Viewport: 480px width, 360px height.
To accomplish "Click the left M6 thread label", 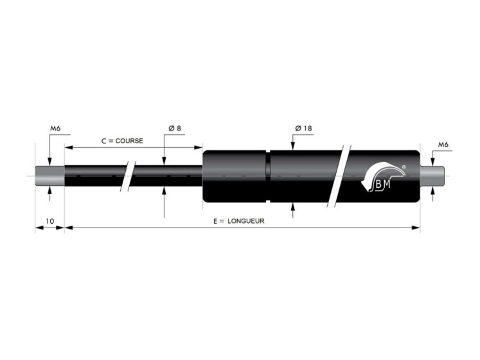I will (55, 129).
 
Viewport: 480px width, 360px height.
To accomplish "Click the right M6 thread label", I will (443, 145).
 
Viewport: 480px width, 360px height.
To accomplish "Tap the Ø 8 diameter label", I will (175, 129).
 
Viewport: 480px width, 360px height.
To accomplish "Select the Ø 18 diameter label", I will (303, 129).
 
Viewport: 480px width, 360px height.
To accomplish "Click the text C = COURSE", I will (122, 140).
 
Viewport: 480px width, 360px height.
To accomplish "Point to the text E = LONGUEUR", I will (239, 221).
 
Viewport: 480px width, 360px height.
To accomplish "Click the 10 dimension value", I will (49, 221).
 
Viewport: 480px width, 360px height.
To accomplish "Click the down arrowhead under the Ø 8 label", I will (164, 161).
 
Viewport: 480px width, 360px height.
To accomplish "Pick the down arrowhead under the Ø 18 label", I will (293, 147).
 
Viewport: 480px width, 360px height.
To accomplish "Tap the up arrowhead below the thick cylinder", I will (293, 206).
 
